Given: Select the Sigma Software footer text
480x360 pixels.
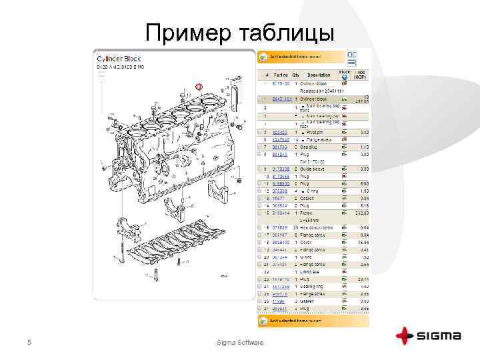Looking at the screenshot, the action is [x=241, y=343].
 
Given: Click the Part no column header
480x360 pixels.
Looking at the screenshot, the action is [x=279, y=75].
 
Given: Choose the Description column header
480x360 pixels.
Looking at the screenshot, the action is [x=318, y=75].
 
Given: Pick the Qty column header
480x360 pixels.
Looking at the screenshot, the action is [x=296, y=75].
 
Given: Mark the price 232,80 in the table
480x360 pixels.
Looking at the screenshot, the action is [x=362, y=213].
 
